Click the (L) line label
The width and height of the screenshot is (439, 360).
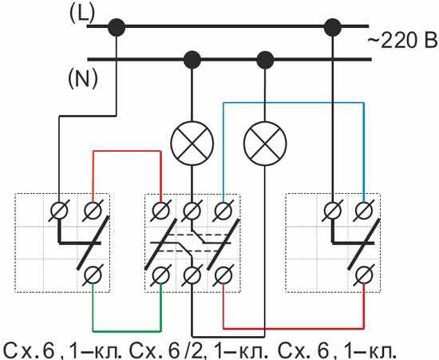[82, 14]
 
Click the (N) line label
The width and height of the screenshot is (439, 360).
[83, 78]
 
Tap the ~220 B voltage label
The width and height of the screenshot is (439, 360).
[402, 41]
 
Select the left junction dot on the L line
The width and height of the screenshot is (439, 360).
[117, 27]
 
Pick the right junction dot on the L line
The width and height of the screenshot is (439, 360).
[333, 27]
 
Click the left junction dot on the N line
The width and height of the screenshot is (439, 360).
[192, 60]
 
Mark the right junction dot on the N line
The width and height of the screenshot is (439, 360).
[265, 60]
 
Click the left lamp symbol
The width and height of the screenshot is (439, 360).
[192, 144]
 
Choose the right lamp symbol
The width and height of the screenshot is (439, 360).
[265, 144]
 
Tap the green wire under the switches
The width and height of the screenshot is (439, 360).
[127, 331]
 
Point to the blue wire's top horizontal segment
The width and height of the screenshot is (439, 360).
[294, 103]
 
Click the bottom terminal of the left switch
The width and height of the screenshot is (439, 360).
[93, 275]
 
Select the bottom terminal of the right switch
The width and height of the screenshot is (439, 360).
[364, 275]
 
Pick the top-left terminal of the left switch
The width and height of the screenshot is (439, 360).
[59, 210]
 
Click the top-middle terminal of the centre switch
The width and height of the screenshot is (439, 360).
[192, 210]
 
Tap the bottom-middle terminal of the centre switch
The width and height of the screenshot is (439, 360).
[192, 275]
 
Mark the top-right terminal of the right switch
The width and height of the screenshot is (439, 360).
[364, 210]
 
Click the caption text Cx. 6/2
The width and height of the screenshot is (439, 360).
[165, 350]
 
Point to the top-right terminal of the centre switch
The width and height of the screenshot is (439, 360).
[223, 210]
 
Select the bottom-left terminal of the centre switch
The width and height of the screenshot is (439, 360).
[161, 275]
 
